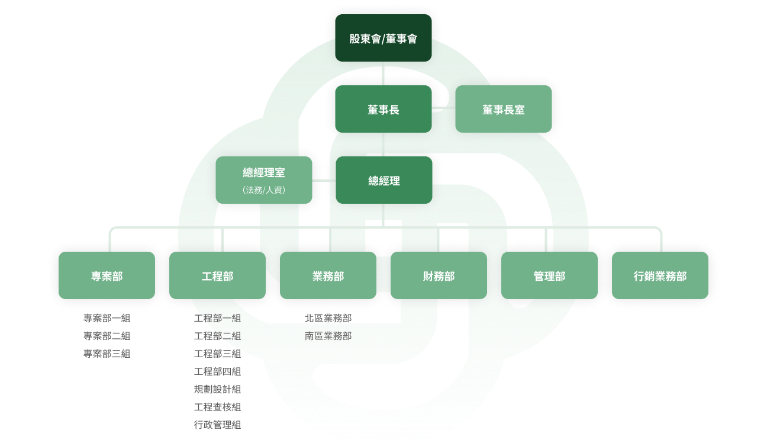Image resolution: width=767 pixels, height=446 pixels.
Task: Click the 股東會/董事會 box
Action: [x=383, y=38]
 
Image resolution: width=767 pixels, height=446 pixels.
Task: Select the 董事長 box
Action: [x=383, y=109]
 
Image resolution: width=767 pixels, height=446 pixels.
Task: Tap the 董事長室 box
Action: [x=503, y=109]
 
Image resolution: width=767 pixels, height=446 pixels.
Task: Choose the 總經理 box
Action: [x=384, y=180]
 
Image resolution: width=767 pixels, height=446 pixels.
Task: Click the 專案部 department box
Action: [x=107, y=275]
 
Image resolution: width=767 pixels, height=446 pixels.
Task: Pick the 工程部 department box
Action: [x=217, y=275]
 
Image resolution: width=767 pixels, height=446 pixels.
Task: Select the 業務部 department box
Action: [x=328, y=275]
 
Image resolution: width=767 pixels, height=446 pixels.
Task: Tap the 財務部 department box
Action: [x=439, y=275]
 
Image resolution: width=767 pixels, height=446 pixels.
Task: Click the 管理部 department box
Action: [x=549, y=275]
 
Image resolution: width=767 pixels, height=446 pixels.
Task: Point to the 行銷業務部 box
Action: [x=660, y=275]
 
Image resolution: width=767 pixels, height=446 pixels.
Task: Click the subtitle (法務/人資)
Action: [x=264, y=190]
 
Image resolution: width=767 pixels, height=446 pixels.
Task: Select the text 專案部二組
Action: [x=107, y=336]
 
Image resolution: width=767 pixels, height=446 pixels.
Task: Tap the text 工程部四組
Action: [x=217, y=371]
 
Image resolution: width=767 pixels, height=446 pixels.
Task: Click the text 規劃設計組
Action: [x=217, y=390]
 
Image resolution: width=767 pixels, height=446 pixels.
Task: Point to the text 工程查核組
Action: [x=217, y=408]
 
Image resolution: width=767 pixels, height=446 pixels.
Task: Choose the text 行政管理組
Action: [x=217, y=425]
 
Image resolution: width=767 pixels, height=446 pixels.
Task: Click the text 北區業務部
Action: [x=328, y=318]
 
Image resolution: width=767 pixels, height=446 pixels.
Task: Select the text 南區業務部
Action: [x=328, y=336]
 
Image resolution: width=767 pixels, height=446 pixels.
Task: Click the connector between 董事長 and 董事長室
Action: [x=443, y=108]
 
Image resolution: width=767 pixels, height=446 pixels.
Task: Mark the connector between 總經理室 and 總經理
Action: [x=324, y=180]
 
